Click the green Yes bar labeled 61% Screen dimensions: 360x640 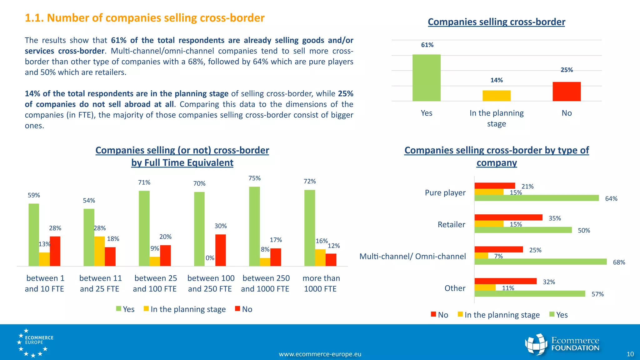tap(426, 78)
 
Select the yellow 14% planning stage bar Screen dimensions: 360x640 tap(496, 96)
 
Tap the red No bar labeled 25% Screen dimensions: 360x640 tap(566, 92)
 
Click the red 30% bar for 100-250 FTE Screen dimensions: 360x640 tap(220, 250)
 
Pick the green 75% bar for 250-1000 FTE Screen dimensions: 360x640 tap(254, 226)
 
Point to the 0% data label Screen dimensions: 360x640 tap(210, 258)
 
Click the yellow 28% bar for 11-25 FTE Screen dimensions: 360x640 tap(99, 251)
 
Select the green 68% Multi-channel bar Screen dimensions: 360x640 tap(540, 262)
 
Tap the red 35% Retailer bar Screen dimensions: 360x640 tap(508, 217)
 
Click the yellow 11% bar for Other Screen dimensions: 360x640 tap(485, 287)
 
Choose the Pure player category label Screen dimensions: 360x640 tap(445, 193)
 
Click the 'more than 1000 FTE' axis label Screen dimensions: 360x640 tap(321, 283)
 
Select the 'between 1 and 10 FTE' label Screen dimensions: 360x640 tap(45, 283)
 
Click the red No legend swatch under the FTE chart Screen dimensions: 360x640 tap(237, 309)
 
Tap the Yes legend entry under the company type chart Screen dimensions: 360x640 tap(559, 315)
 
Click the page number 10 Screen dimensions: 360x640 tap(630, 354)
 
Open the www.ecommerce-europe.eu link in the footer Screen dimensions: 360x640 tap(320, 354)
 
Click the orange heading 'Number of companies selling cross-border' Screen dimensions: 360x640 tap(145, 18)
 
